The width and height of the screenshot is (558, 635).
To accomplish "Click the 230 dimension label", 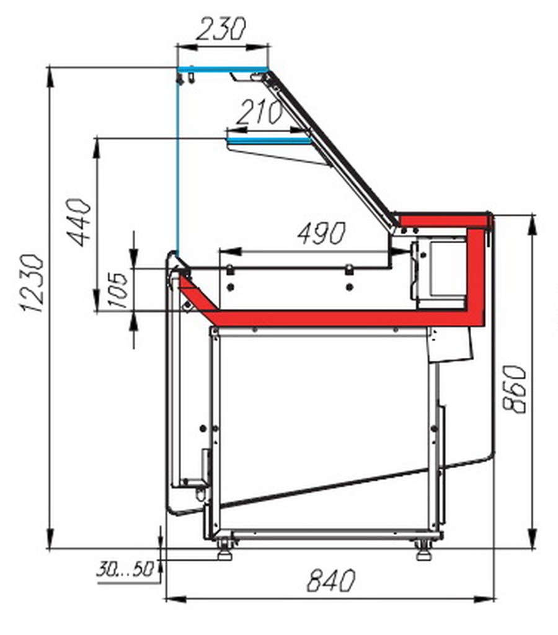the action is click(221, 29).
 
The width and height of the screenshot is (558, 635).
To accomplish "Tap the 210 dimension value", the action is click(260, 112).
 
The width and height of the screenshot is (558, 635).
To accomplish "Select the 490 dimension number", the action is click(322, 233).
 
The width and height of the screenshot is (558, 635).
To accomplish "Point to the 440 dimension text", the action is click(79, 222).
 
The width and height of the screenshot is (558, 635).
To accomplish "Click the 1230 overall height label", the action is click(32, 283).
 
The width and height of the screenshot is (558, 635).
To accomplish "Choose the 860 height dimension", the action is click(513, 389).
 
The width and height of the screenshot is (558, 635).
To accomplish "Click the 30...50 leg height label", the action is click(125, 569).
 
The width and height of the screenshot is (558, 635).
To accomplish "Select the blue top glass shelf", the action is click(223, 69).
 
